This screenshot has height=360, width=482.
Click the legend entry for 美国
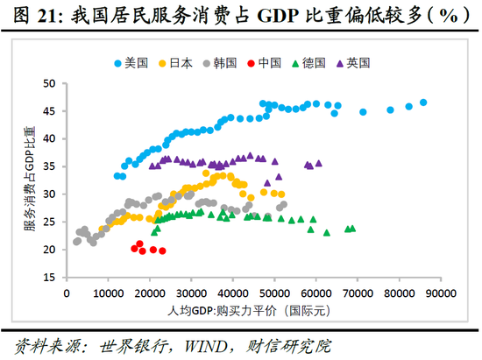131,63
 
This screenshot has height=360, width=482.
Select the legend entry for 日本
174,63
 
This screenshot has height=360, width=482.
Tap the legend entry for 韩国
219,63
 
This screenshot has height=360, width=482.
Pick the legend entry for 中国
264,63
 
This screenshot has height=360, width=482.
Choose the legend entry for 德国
308,63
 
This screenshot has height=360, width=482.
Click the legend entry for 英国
352,63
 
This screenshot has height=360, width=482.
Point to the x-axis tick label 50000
274,293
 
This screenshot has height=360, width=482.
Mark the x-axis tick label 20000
150,293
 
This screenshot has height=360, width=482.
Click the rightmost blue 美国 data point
423,102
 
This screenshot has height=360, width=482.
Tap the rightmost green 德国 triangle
352,228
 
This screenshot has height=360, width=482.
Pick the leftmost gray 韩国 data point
76,241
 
